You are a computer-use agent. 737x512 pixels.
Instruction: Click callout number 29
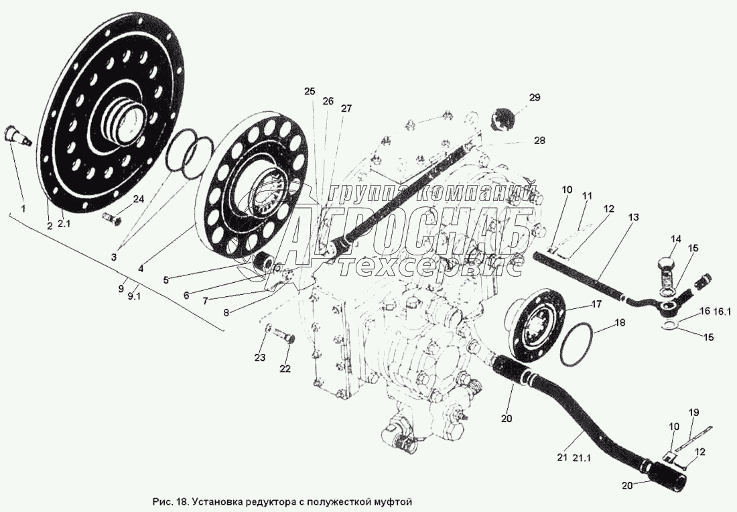click(x=534, y=98)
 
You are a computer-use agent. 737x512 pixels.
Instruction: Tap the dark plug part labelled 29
click(x=504, y=119)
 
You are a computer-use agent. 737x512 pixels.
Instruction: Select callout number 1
click(x=23, y=208)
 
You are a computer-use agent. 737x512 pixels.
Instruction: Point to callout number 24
click(x=138, y=199)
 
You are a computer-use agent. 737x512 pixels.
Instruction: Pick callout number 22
click(x=285, y=369)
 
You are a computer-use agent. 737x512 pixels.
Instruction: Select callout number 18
click(x=620, y=323)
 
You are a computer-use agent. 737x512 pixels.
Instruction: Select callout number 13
click(x=634, y=217)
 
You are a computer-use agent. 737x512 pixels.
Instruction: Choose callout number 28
click(x=540, y=141)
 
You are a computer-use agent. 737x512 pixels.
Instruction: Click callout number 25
click(x=309, y=91)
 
